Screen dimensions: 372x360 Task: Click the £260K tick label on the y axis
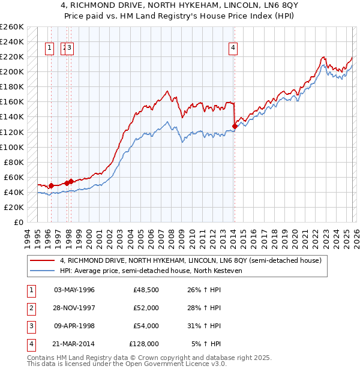pyautogui.click(x=12, y=27)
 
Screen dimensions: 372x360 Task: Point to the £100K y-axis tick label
pyautogui.click(x=12, y=147)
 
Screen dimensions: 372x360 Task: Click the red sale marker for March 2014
pyautogui.click(x=234, y=126)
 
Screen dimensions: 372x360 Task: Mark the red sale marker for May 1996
pyautogui.click(x=51, y=185)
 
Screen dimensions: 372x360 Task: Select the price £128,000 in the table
pyautogui.click(x=144, y=344)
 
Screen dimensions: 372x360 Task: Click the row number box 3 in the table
pyautogui.click(x=30, y=326)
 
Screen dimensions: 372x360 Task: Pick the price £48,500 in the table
pyautogui.click(x=146, y=290)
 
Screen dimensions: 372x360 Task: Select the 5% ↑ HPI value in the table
pyautogui.click(x=207, y=344)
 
